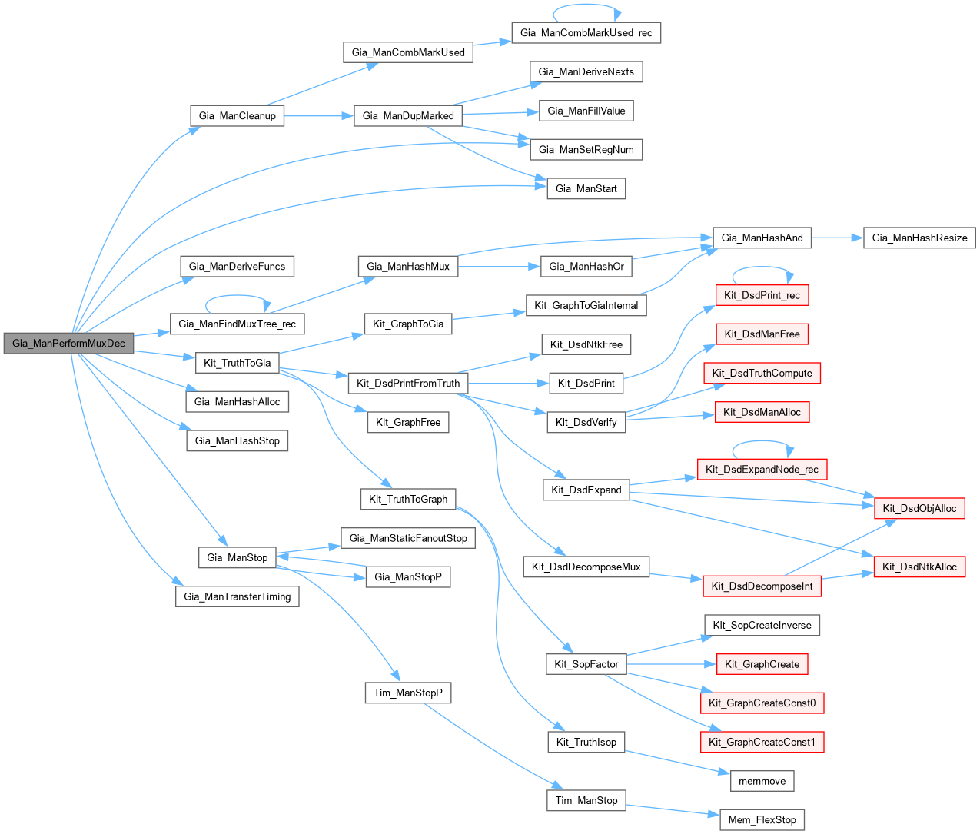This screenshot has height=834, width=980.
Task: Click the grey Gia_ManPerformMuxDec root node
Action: [68, 344]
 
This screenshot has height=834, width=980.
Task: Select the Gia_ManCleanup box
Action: [237, 116]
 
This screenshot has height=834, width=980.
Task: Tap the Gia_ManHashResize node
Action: [919, 238]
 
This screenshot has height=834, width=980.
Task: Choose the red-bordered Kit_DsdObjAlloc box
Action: [919, 508]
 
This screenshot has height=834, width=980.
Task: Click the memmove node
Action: [762, 781]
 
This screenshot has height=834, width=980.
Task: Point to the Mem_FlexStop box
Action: [762, 820]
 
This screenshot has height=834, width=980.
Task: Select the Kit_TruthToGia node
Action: [237, 363]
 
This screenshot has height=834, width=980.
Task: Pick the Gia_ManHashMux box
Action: [408, 267]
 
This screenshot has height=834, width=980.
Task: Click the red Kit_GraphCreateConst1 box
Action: [762, 742]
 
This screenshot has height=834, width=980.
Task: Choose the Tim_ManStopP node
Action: [407, 693]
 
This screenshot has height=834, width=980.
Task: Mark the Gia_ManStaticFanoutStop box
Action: [408, 538]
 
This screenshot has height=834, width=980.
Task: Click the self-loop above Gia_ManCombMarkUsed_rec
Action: [586, 10]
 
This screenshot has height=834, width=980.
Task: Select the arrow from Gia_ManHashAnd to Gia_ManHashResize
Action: [837, 238]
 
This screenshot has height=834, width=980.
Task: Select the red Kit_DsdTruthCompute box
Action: [762, 374]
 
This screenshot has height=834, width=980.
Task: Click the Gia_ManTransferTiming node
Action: [237, 596]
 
